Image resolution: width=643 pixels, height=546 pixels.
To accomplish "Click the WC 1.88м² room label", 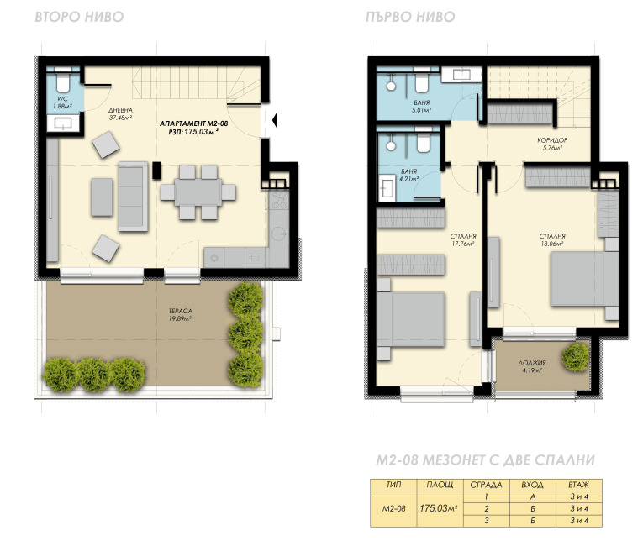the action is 62,102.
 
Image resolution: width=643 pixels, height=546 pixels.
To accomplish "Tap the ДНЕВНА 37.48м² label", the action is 120,114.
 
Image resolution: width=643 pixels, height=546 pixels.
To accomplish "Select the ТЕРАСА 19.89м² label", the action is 181,315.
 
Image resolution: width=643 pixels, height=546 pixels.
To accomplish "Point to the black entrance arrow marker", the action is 275,120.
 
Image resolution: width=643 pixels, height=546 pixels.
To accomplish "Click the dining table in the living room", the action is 198,192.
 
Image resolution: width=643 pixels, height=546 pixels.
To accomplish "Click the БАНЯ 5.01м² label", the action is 422,106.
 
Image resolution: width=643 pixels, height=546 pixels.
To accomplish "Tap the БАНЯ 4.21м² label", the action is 408,175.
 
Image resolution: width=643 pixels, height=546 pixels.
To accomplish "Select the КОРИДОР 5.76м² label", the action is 552,144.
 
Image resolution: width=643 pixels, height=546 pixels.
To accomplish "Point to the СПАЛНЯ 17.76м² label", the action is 463,239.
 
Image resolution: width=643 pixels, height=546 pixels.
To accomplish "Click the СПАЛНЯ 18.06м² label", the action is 552,239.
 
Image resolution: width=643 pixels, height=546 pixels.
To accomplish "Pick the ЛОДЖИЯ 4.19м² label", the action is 532,366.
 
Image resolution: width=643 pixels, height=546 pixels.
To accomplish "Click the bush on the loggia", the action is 576,357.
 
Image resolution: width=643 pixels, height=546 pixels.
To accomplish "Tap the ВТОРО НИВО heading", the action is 79,17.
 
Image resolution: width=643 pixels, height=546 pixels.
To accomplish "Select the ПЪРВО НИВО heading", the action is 410,17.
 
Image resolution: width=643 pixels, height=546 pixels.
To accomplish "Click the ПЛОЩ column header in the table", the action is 440,485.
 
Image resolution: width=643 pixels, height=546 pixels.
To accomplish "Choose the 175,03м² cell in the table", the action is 439,508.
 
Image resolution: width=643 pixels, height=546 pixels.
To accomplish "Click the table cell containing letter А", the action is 533,496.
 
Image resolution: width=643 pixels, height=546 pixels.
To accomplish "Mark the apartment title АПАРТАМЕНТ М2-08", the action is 193,123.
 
